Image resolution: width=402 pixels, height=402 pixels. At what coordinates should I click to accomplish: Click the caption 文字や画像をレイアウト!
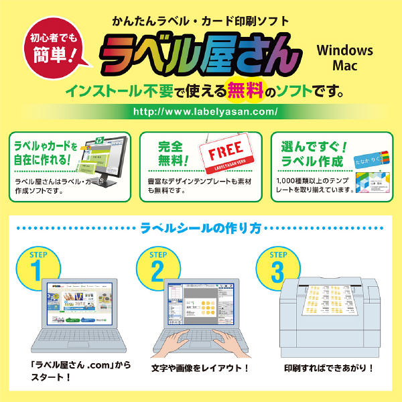(x=200, y=368)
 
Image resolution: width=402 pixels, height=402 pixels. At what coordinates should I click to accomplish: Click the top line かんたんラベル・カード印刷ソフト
(x=201, y=20)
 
